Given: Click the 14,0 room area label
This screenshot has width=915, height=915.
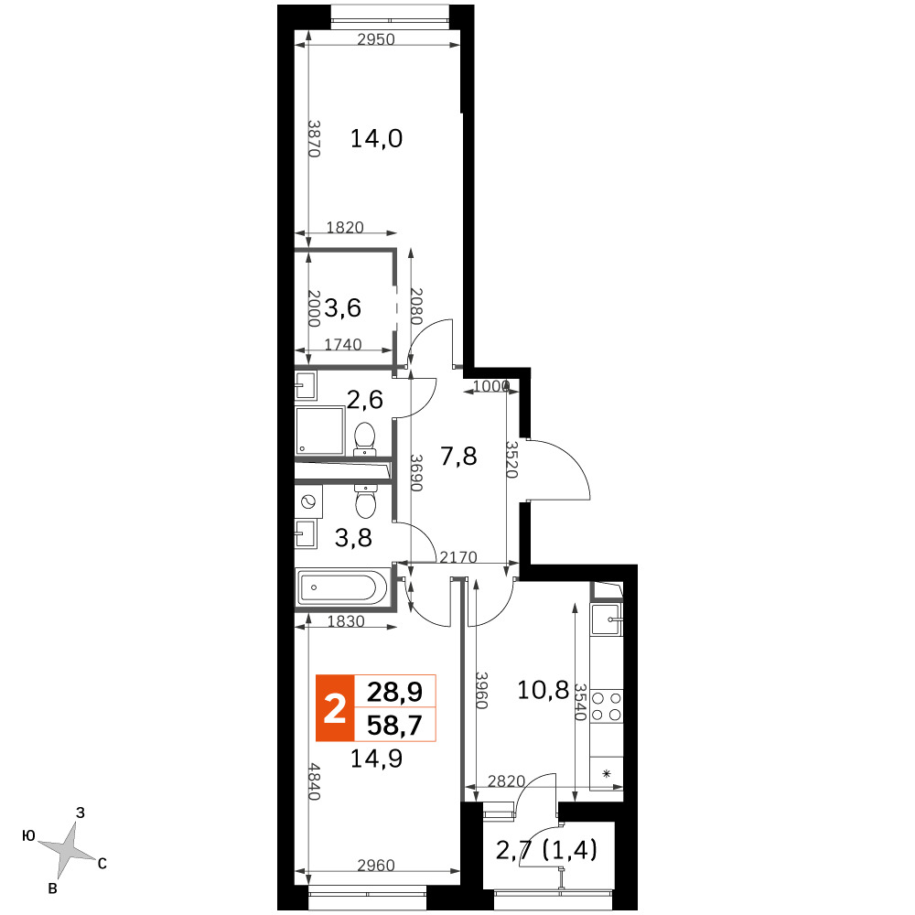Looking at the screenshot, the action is [376, 139].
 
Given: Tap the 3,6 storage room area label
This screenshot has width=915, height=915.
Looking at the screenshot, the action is [342, 307].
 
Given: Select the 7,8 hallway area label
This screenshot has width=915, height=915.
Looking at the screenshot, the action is [458, 456].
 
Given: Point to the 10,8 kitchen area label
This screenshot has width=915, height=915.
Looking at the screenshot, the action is [543, 690].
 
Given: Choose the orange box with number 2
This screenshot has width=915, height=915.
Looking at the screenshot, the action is [335, 708].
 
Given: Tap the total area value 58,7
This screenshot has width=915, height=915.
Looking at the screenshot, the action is [394, 726].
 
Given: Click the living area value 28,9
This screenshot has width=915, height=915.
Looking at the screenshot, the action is [394, 692].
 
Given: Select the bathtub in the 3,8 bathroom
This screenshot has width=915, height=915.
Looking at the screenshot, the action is [342, 587].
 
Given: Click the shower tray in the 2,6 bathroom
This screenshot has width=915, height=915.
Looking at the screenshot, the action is [319, 430].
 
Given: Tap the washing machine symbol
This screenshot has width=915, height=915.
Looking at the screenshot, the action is [308, 501].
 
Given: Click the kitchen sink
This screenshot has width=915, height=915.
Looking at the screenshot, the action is [606, 619].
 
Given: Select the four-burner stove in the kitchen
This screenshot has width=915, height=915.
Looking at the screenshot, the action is [607, 706].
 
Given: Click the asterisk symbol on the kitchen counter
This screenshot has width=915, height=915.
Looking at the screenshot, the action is [607, 774].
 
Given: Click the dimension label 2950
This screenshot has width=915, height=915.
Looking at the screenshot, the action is [376, 39].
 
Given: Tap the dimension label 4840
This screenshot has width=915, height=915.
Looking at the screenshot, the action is [314, 781].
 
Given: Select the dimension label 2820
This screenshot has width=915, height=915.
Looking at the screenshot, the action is [507, 780].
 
